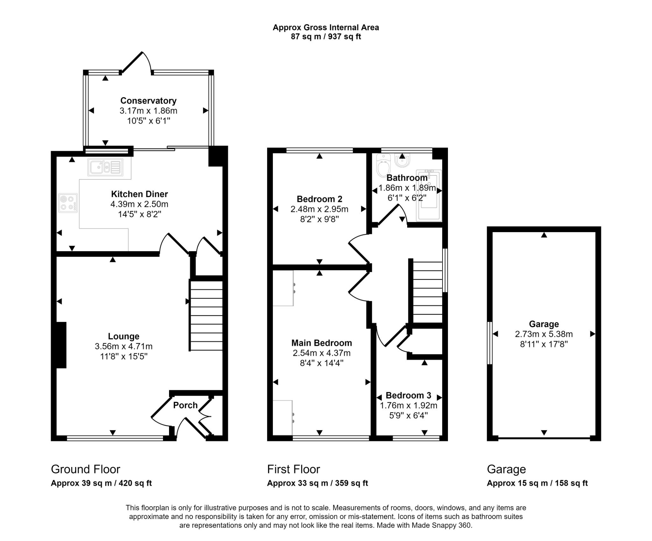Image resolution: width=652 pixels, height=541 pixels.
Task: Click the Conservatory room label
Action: [x=148, y=101]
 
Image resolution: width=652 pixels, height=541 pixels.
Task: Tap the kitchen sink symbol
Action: [x=105, y=167]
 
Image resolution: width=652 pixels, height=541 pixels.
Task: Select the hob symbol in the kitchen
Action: [x=68, y=203]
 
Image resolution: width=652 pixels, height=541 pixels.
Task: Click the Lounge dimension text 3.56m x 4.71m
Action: [x=124, y=346]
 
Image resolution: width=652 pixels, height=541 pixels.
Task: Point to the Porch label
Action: [x=185, y=405]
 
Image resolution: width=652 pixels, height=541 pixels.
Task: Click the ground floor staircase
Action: [x=206, y=316]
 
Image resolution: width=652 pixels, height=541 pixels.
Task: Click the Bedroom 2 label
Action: [x=319, y=199]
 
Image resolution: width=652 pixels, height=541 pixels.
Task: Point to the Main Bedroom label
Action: [x=322, y=343]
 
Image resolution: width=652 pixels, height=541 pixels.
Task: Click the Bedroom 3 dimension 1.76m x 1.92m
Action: [x=408, y=406]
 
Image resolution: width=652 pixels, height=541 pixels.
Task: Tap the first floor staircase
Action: [x=428, y=292]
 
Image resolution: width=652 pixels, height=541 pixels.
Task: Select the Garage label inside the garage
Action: [x=544, y=324]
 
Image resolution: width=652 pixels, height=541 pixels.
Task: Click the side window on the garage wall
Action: [x=490, y=343]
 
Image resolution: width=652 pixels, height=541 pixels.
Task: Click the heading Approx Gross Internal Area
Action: [x=326, y=27]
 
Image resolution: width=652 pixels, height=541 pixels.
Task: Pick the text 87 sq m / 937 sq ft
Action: [x=326, y=37]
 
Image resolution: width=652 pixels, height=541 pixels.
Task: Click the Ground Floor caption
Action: [x=85, y=469]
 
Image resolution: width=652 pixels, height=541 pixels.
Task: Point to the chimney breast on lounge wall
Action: [x=61, y=345]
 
